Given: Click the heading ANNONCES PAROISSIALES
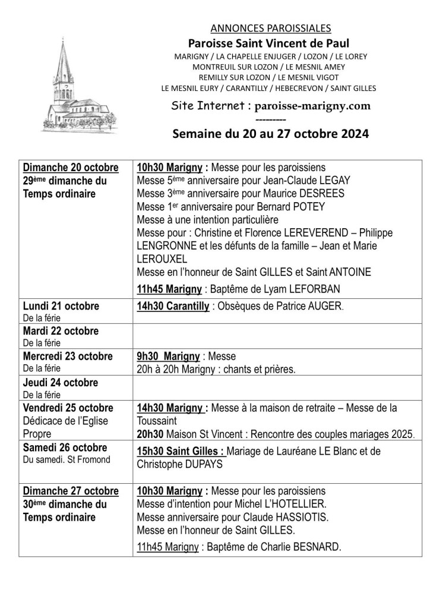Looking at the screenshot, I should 270,27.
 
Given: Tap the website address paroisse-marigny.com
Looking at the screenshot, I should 312,106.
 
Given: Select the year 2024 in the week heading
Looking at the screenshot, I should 349,134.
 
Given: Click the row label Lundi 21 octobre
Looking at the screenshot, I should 61,306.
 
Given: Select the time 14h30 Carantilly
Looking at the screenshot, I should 172,306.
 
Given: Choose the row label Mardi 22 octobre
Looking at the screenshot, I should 61,331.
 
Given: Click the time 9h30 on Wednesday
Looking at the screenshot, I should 149,356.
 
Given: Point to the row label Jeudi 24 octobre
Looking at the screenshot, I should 60,382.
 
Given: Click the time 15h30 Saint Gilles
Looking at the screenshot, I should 181,452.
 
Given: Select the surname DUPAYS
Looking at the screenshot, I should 200,465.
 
